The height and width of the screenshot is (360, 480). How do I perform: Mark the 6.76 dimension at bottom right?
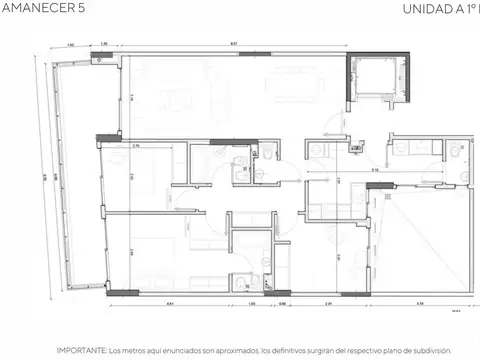(420, 303)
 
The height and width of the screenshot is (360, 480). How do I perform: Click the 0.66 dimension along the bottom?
(283, 303)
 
